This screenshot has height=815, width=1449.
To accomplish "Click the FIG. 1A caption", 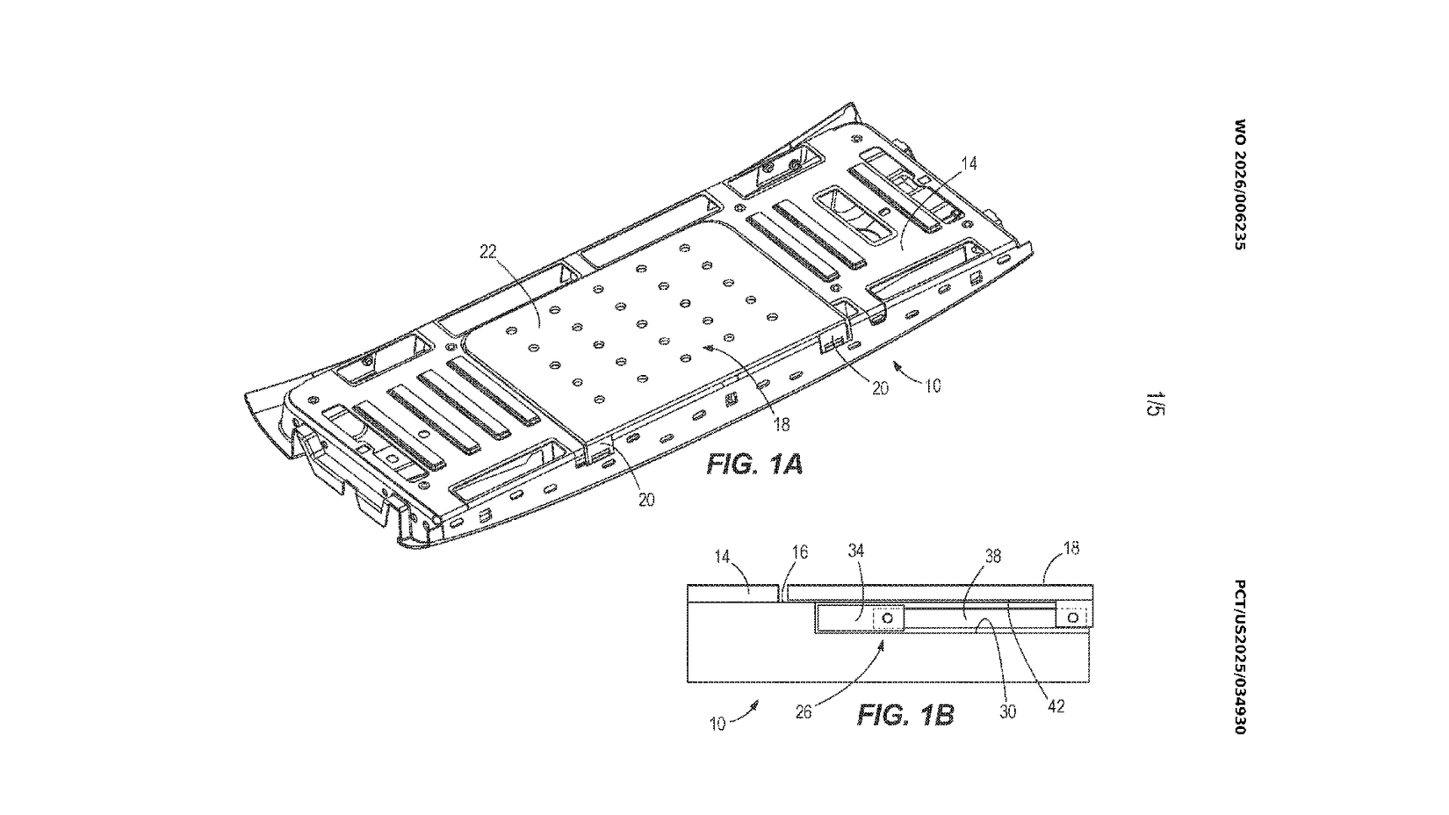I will (754, 465).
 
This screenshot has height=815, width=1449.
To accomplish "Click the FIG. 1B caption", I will (905, 715).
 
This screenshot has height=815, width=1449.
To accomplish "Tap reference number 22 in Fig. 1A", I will (488, 252).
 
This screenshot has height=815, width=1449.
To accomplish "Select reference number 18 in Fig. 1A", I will (781, 424).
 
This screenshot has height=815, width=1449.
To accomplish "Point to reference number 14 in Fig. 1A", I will (969, 162).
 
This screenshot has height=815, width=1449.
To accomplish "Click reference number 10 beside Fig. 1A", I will (934, 385).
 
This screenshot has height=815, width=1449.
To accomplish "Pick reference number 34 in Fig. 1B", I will (856, 552).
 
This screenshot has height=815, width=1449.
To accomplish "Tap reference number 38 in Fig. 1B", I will (993, 556).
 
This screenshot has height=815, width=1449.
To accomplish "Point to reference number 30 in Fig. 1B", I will (1008, 711).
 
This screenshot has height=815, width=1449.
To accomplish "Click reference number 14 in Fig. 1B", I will (722, 556).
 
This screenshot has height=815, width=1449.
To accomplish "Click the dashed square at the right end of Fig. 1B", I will (1074, 617).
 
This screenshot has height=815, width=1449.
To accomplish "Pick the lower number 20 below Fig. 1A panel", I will (646, 500).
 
